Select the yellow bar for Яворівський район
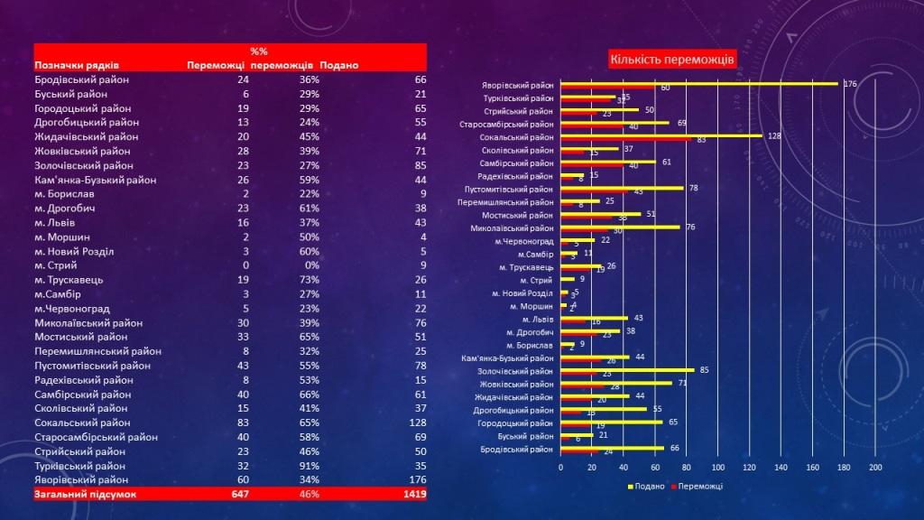coord(699,83)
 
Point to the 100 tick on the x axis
coord(718,468)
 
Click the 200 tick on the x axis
coord(875,468)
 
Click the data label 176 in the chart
coord(849,84)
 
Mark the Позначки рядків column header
coord(77,65)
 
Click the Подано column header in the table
coord(337,65)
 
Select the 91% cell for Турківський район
coord(310,465)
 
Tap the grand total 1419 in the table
coord(415,495)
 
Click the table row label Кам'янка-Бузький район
coord(96,180)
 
